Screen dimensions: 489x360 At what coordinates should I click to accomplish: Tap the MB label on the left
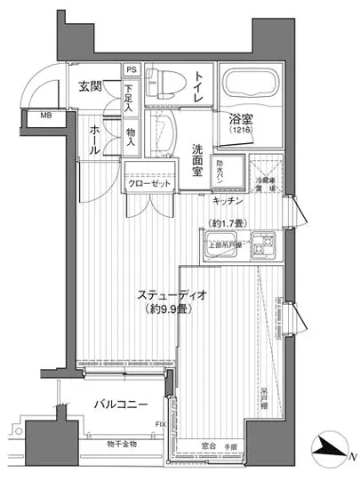pos(44,116)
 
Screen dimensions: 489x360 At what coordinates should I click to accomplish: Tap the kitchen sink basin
pos(220,244)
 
